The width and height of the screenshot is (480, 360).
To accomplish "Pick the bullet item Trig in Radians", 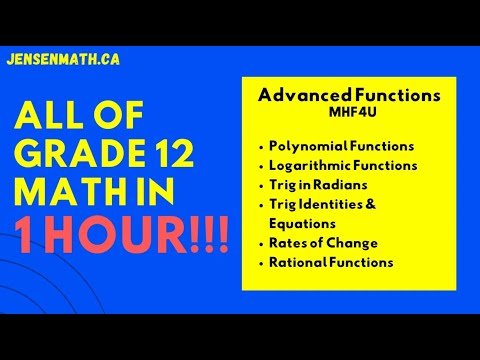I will (318, 185).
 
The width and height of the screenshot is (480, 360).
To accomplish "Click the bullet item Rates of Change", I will (322, 243).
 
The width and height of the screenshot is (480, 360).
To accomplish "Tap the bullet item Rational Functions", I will (331, 262).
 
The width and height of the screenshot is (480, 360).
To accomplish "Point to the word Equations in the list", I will (301, 223).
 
